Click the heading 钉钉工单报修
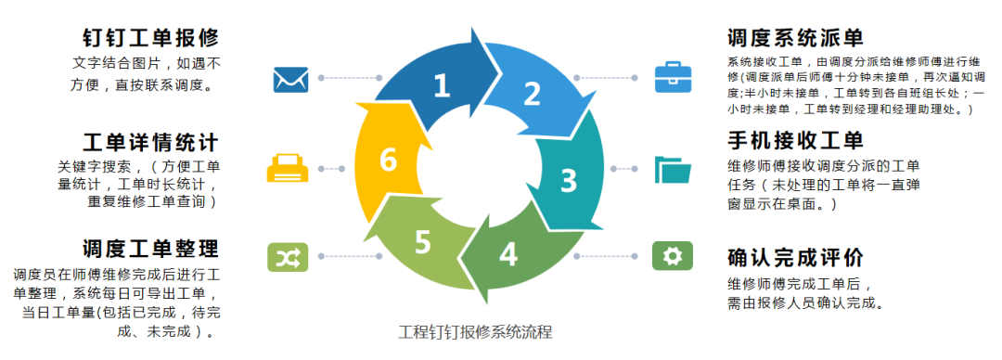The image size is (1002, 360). coord(150,38)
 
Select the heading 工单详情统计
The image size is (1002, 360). coord(150,143)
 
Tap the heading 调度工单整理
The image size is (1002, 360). coord(150,249)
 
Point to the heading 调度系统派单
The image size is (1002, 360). coord(796,38)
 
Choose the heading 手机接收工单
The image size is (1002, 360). coord(796,140)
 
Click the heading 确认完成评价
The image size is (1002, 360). coord(796,257)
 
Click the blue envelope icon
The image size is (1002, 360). coord(290,79)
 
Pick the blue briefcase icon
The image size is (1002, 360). coord(673,79)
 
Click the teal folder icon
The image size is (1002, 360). coord(673,170)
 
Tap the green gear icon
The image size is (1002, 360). coord(673,255)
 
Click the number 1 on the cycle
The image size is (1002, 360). coord(442,86)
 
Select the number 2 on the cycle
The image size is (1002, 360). coord(532,94)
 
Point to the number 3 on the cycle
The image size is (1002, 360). coord(568,179)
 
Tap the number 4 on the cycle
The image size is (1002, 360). coord(508,253)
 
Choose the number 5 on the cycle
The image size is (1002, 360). coord(423,242)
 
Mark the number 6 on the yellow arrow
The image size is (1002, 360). coord(389,161)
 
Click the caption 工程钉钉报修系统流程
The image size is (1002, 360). coord(475,332)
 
